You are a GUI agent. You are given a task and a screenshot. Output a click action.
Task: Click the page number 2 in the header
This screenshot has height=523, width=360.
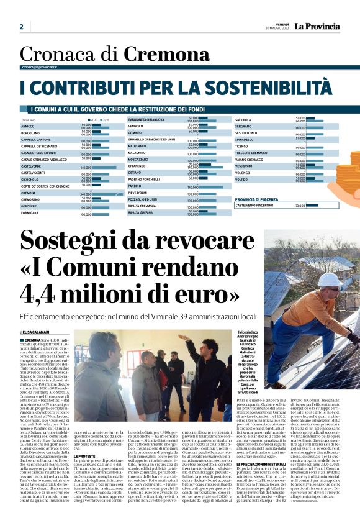[x=22, y=27]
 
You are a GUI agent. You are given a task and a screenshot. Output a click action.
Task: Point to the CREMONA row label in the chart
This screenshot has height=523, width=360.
[x=29, y=193]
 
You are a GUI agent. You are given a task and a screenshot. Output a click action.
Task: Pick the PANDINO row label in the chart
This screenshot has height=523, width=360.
[x=135, y=186]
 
